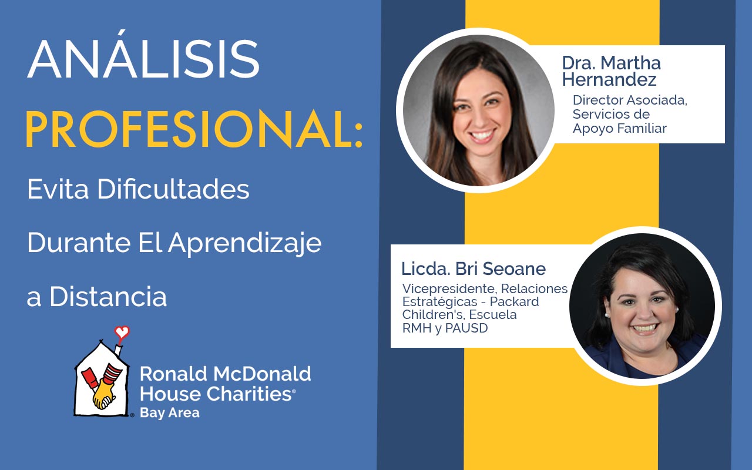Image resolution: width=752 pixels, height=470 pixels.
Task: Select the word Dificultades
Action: pos(173,189)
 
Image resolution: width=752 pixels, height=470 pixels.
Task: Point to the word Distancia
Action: pos(108,297)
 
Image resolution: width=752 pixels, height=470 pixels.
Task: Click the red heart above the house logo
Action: pos(122,333)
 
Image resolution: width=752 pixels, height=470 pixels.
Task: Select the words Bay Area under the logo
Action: pos(170,412)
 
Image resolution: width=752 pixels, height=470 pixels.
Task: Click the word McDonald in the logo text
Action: pos(262,374)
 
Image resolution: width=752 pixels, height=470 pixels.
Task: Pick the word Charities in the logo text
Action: pos(249,394)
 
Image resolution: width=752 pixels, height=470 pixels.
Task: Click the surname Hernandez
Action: pos(609,79)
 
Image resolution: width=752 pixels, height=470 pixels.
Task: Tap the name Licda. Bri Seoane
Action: pos(474,269)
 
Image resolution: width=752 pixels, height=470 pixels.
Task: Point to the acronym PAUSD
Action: pos(466,328)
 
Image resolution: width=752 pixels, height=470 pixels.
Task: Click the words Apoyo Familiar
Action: pos(619,128)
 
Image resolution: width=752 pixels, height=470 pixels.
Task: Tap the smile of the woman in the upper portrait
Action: pos(482,135)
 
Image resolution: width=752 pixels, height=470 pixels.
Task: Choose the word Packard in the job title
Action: pos(514,301)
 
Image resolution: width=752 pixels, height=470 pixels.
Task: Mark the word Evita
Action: pos(58,189)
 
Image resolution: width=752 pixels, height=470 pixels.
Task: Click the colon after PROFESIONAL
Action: pos(358,135)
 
